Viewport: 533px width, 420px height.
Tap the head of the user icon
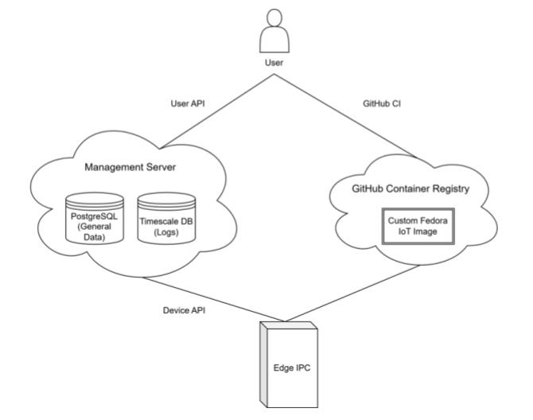pos(274,17)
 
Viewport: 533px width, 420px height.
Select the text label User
pos(274,63)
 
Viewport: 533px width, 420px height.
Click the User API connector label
pos(188,103)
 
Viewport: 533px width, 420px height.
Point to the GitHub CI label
pos(382,103)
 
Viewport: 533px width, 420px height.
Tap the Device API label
pos(185,310)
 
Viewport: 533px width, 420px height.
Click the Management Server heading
pos(130,167)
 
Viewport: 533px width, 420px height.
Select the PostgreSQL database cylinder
pos(95,218)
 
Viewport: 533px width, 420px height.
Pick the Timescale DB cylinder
pos(166,218)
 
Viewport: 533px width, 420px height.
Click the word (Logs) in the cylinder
pos(166,232)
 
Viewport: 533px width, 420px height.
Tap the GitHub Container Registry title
pos(410,189)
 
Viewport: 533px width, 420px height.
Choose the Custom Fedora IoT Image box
pos(418,226)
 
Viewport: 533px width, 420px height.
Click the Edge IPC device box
pos(289,364)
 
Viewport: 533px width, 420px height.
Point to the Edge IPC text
pos(292,368)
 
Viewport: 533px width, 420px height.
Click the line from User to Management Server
pos(217,111)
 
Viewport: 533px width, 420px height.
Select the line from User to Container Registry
pos(346,116)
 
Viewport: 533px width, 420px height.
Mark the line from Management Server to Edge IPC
pos(213,299)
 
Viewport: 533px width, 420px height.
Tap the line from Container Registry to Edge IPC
pos(352,294)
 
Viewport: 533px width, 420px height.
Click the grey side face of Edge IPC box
pos(263,364)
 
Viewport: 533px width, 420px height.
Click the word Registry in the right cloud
pos(450,189)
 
